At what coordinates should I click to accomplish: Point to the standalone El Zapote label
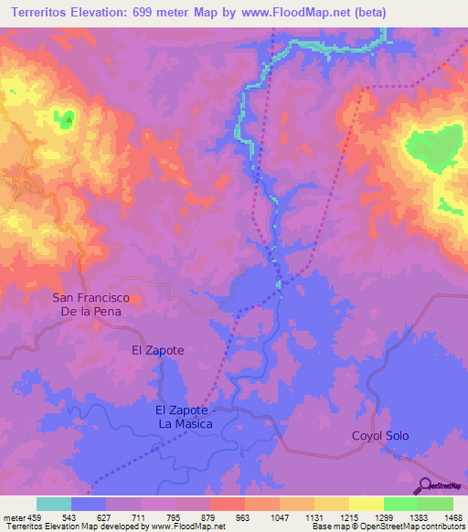(158, 350)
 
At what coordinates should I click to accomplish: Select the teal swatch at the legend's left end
(54, 504)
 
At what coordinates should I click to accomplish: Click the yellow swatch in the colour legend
(366, 504)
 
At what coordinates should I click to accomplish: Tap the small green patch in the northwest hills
(66, 120)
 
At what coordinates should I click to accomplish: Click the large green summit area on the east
(431, 146)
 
